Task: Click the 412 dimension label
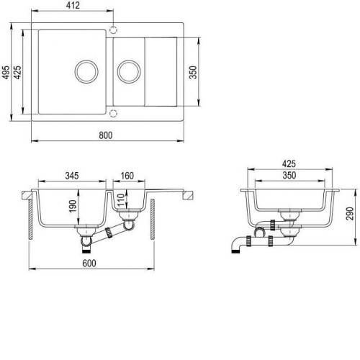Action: (x=73, y=5)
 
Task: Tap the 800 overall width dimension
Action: (x=106, y=135)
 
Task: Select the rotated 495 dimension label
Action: (x=6, y=72)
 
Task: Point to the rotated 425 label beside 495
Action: (x=17, y=72)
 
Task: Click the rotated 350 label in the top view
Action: (x=193, y=72)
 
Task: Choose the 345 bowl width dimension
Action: (x=72, y=176)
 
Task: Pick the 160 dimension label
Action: (x=127, y=176)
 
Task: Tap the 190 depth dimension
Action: (x=73, y=206)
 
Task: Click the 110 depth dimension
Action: (x=121, y=199)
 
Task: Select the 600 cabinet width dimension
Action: (x=89, y=263)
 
